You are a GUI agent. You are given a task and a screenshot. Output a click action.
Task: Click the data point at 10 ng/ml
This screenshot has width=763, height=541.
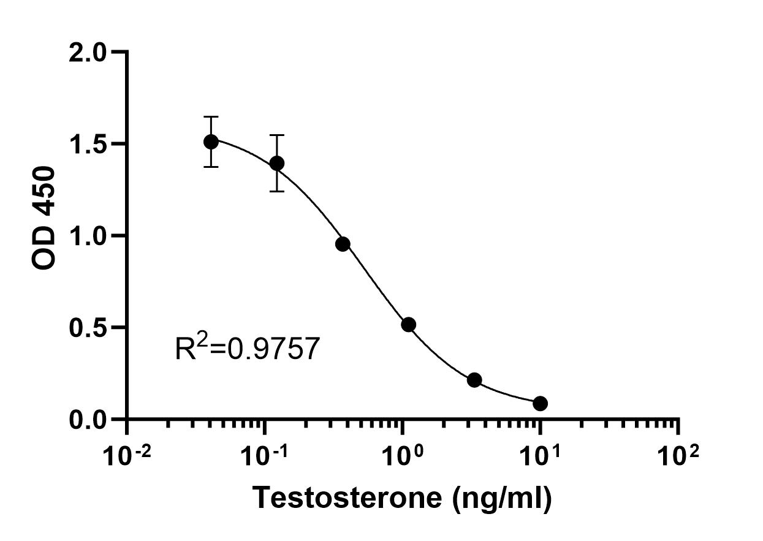pos(540,403)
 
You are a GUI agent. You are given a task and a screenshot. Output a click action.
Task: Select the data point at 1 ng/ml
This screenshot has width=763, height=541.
pos(408,324)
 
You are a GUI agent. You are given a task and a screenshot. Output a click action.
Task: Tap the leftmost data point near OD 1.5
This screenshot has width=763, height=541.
pos(211,142)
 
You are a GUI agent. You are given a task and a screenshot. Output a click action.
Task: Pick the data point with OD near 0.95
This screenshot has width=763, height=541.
pos(343,244)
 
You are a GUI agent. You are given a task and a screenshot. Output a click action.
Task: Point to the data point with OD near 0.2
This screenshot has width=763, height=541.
pos(474,380)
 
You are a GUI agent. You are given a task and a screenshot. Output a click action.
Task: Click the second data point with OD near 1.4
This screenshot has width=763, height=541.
pos(277,163)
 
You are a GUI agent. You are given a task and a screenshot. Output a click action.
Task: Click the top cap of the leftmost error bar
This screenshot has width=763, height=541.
pos(211,116)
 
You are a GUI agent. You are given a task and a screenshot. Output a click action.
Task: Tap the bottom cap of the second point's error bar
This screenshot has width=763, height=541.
pos(277,191)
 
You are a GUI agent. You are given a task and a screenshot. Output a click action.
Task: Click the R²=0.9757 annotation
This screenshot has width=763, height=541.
pos(247,349)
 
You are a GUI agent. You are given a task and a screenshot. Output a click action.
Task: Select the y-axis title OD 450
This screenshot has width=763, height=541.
pos(45,218)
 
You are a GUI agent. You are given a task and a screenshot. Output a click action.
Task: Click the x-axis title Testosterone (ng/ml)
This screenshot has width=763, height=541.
pos(403,497)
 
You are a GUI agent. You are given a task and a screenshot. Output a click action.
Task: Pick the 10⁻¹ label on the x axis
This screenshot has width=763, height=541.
pos(264,456)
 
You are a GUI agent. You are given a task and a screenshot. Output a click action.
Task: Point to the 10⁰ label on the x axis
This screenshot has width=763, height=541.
pos(402,456)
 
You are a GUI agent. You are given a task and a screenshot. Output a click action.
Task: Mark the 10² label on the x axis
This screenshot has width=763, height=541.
pos(678,456)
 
